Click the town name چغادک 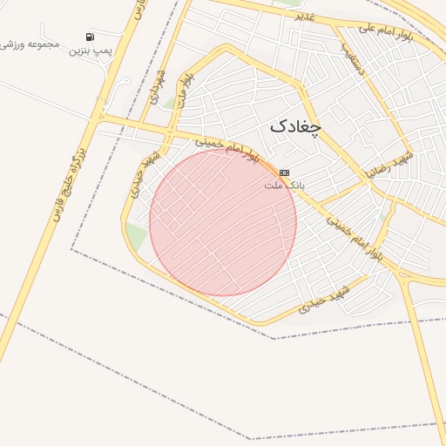295,125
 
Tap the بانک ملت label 282,186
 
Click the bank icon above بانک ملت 284,173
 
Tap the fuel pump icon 90,37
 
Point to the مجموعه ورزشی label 30,43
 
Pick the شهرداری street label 159,86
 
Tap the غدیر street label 304,16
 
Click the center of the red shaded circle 223,222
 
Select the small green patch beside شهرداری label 171,103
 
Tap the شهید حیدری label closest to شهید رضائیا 324,298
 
